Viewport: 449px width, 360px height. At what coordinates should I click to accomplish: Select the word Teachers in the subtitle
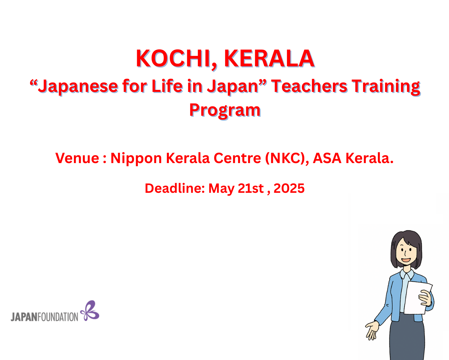[x=309, y=86]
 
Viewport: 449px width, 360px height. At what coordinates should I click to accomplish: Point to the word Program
[x=225, y=111]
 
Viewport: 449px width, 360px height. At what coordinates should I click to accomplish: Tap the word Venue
[x=77, y=158]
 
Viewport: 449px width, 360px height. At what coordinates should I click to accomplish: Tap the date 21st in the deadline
[x=251, y=188]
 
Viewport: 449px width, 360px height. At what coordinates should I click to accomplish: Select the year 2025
[x=289, y=188]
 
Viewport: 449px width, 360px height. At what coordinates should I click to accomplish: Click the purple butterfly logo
[x=90, y=311]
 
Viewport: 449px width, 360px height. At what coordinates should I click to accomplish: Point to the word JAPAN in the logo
[x=24, y=317]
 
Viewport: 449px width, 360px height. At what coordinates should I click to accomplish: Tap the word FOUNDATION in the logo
[x=58, y=317]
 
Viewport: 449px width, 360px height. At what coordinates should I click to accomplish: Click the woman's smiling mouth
[x=406, y=260]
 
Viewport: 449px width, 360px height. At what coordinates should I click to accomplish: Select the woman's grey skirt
[x=407, y=338]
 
